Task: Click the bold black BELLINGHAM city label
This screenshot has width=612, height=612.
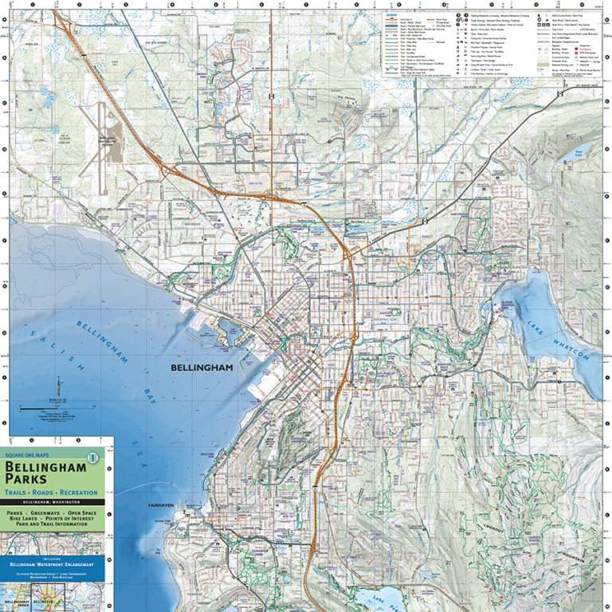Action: point(202,368)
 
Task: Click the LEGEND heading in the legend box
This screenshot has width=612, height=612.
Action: point(391,14)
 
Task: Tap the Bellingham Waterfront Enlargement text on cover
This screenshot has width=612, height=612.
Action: point(52,564)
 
